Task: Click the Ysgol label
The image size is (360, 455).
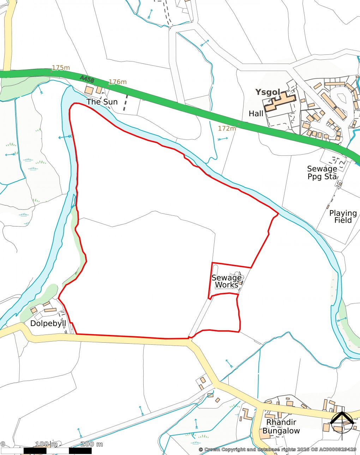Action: pos(268,93)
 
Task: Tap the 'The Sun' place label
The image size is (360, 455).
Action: pos(102,102)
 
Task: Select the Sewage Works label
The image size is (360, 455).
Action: pos(227,281)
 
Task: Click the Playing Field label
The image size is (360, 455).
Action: pos(343,217)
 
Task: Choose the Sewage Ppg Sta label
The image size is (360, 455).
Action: pos(322,173)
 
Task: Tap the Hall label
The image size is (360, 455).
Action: pos(256,113)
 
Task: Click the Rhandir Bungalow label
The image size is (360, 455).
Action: pos(281,426)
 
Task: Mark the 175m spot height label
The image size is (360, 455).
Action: pos(61,67)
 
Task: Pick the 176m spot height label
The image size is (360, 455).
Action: pos(117,82)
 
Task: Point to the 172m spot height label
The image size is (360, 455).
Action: pos(227,128)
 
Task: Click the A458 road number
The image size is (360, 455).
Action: pos(87,79)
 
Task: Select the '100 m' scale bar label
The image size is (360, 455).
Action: pos(46,444)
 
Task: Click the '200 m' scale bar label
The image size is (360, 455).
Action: pos(92,444)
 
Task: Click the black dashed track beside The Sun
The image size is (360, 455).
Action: pos(125,103)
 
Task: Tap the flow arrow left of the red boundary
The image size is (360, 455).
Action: pos(64,137)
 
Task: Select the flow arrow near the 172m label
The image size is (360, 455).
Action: pos(222,139)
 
